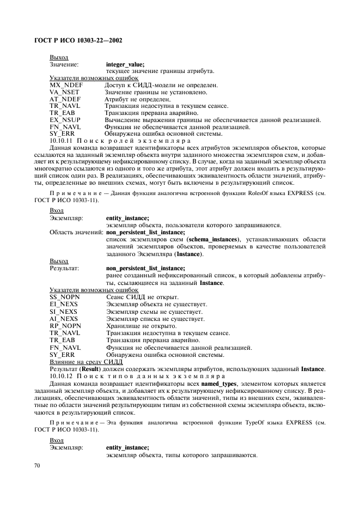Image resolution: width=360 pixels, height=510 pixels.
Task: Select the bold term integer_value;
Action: tap(125, 64)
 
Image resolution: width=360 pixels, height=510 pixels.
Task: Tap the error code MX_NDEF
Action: tap(65, 86)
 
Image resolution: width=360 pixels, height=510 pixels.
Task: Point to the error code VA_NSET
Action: tap(64, 93)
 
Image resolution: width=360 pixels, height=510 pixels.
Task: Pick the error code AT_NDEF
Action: tap(64, 99)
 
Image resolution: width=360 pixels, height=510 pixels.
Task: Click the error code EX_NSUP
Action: tap(64, 120)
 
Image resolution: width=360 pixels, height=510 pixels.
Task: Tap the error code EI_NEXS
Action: tap(63, 305)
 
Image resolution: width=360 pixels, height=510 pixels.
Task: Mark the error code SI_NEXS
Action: tap(63, 312)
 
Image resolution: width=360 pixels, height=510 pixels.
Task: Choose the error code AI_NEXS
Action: tap(63, 319)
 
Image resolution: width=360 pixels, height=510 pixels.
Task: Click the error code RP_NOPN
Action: tap(64, 326)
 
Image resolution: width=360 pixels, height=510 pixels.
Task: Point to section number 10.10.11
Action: tap(63, 141)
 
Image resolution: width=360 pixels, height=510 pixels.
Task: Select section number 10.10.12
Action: tap(63, 376)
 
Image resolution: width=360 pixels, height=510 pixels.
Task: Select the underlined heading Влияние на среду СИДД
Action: tap(86, 362)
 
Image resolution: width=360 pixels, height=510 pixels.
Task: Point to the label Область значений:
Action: tap(76, 232)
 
